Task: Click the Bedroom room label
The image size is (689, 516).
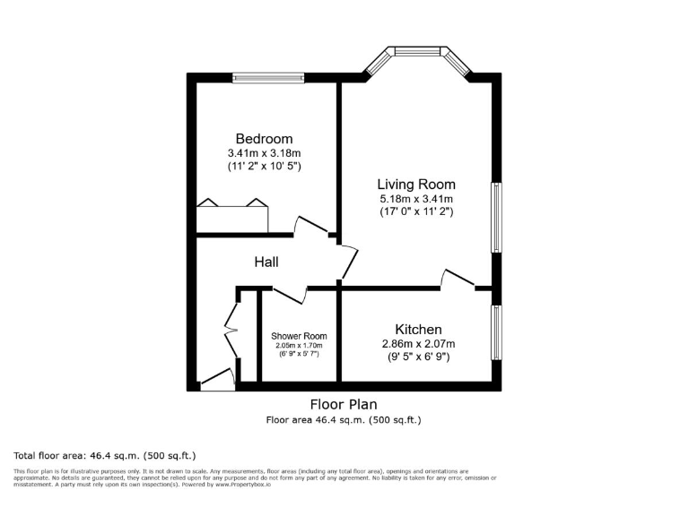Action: (264, 139)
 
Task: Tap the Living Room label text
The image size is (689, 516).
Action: (415, 185)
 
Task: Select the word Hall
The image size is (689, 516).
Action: (266, 262)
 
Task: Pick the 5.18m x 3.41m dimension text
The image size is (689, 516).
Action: (415, 199)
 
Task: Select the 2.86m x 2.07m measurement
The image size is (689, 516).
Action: (418, 344)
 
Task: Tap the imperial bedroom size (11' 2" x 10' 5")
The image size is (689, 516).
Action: (264, 167)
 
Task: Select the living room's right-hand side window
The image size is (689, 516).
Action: (494, 219)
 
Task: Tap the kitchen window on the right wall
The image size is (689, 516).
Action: (494, 332)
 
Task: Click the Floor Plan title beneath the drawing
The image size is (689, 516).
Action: (344, 403)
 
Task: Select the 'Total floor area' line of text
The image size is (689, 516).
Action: (104, 455)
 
